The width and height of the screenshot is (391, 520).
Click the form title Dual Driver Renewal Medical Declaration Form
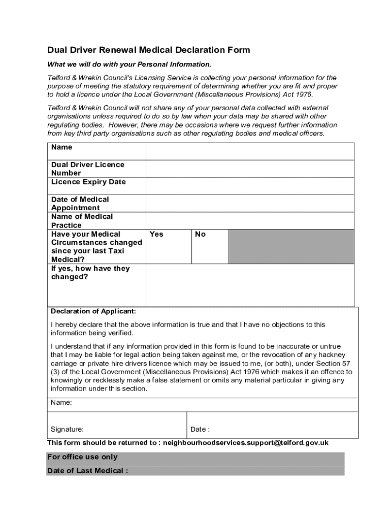coord(148,50)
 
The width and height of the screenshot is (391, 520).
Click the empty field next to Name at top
coord(250,151)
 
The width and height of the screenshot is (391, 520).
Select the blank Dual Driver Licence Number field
coord(250,169)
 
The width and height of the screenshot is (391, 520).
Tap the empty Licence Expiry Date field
coord(250,186)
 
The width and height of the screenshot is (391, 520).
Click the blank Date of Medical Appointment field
coord(250,203)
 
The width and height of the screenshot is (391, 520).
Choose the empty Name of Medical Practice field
coord(250,220)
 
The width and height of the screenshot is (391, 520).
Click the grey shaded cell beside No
coord(291,246)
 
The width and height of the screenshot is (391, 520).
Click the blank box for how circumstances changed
coord(250,285)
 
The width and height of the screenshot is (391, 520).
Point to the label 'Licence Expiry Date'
coord(88,182)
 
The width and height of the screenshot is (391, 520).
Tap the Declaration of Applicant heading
coord(93,311)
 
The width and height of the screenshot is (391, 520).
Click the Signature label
coord(68,429)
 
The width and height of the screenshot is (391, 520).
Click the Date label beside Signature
coord(200,429)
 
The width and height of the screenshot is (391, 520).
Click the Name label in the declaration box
coord(61,402)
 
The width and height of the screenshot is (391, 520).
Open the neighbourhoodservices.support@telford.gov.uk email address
coord(245,443)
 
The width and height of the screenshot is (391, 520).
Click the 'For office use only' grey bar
coord(195,457)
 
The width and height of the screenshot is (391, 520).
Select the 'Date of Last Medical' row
coord(195,471)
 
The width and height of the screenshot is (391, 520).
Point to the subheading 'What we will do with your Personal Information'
coord(129,64)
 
